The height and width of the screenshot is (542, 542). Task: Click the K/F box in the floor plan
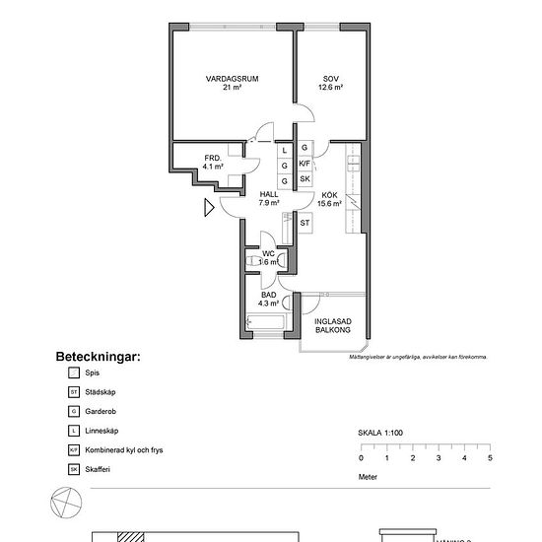click(x=305, y=164)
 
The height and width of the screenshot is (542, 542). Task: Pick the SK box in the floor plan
click(x=305, y=179)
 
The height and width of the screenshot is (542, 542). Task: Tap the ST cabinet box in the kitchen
click(x=305, y=224)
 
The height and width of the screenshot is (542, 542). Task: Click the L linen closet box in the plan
click(x=285, y=150)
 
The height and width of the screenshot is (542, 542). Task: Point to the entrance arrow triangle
click(x=209, y=208)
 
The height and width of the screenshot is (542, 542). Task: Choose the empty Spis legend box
click(x=73, y=373)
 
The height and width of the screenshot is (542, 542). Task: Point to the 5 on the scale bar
click(x=490, y=458)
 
